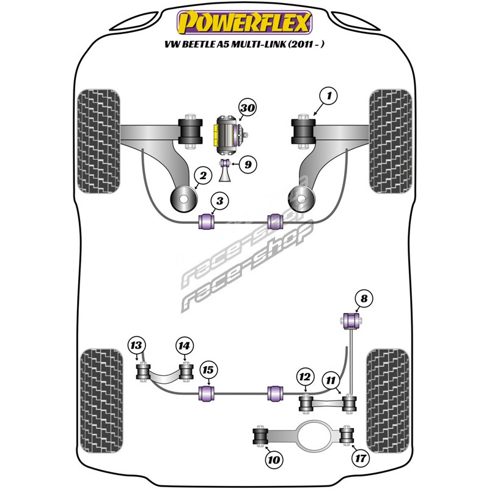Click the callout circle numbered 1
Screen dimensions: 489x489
coord(329,96)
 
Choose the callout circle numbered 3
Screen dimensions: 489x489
coord(220,200)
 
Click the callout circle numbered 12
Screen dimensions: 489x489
coord(304,376)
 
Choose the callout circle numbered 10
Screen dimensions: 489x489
coord(273,459)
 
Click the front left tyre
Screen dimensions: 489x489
coord(100,141)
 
